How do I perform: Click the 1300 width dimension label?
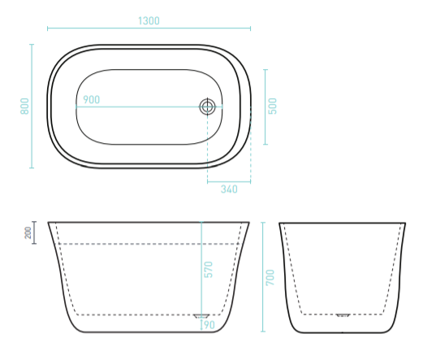(149, 21)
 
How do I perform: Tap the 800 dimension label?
(24, 106)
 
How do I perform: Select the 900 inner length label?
(92, 100)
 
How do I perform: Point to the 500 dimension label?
(273, 106)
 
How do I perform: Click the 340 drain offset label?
(229, 189)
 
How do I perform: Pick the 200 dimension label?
(28, 232)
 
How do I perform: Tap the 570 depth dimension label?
(209, 270)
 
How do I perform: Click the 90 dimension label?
(209, 325)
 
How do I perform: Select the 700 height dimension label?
(270, 277)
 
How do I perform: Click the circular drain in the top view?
(207, 107)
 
